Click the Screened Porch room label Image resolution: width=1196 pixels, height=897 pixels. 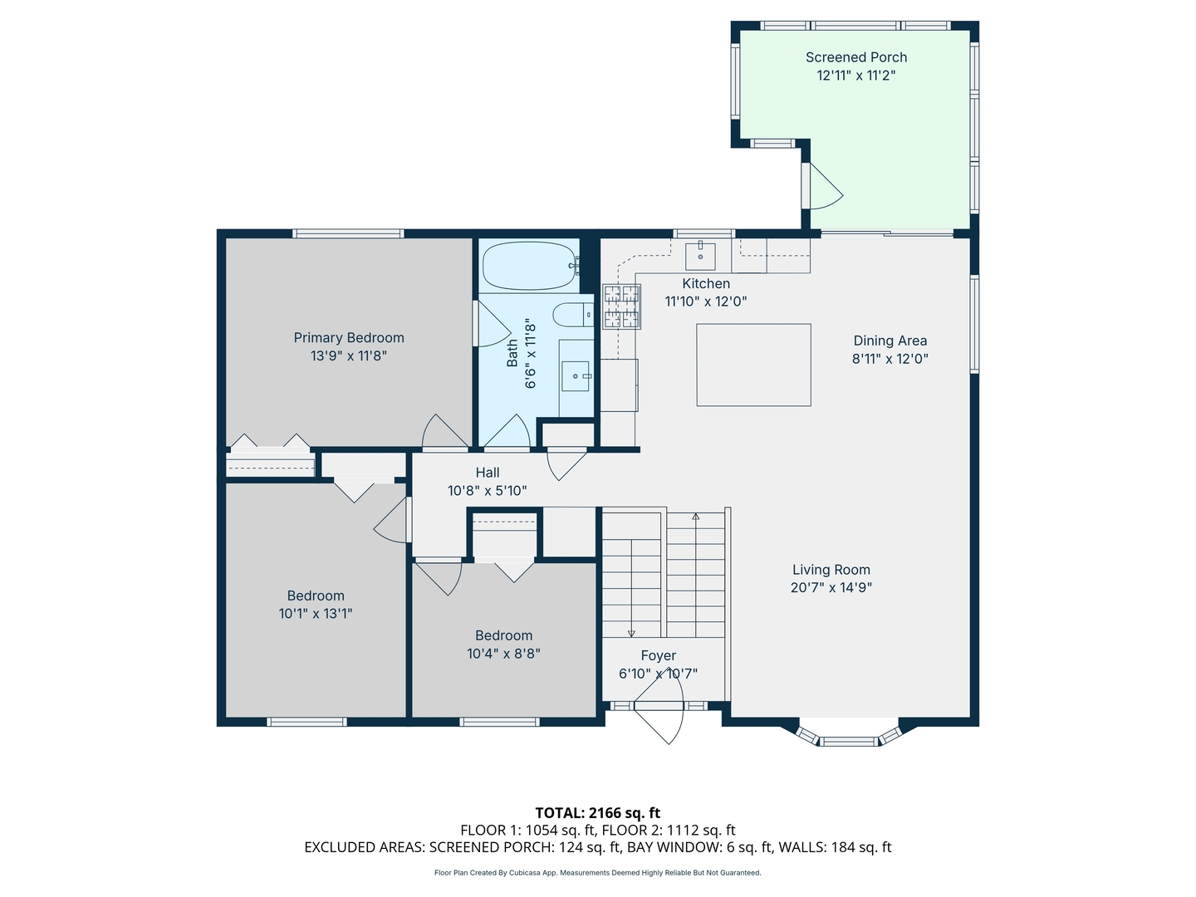tap(855, 57)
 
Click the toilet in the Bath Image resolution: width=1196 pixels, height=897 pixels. tap(572, 315)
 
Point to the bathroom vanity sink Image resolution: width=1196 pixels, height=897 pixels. tap(576, 376)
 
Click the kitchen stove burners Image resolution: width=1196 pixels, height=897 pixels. tap(622, 306)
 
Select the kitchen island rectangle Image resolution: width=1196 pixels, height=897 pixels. tap(753, 365)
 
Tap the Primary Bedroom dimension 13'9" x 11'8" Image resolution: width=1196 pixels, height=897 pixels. tap(349, 356)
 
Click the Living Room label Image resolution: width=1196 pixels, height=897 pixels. tap(831, 570)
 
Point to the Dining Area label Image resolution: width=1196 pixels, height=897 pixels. tap(890, 341)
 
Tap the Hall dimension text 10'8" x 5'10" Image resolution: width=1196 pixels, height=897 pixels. tap(487, 491)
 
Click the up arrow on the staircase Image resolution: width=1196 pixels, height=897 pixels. tap(696, 517)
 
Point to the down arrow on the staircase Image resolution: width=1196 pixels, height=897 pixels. tap(631, 631)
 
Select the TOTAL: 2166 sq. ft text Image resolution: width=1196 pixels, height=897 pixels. tap(597, 812)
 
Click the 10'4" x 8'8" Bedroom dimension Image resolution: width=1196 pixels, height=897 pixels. tap(503, 654)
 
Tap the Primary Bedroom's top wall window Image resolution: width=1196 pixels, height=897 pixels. tap(348, 233)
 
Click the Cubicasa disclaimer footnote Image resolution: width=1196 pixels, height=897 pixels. tap(597, 873)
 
